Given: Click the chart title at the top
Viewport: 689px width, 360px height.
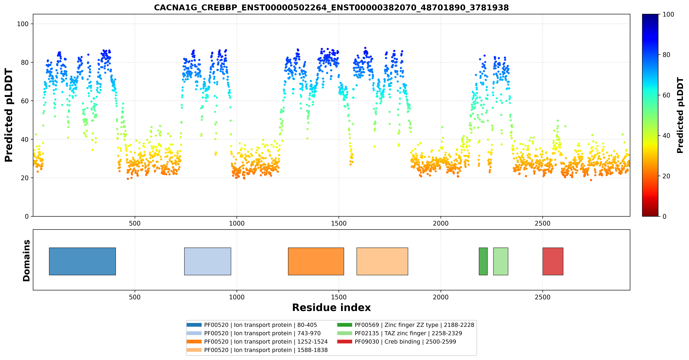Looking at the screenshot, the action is pos(331,7).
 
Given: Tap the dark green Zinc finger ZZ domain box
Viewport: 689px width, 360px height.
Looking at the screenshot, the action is pos(483,261).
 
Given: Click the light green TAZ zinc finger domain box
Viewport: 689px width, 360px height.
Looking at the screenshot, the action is pos(501,261).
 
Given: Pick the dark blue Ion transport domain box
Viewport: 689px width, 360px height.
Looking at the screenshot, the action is pos(82,261).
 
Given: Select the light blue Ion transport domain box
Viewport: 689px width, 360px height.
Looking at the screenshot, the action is pos(208,261).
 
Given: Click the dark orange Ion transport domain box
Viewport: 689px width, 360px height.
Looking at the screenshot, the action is pos(316,261).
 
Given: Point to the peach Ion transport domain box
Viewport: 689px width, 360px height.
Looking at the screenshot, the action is pos(382,261).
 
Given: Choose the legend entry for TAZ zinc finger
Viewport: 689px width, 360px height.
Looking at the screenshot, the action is pos(400,333).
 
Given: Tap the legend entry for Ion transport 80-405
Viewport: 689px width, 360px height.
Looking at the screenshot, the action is pos(252,325).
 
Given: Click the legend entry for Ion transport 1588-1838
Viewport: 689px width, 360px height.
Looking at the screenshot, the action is pos(257,350).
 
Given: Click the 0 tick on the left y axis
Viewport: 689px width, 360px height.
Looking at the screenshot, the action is pos(27,216).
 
